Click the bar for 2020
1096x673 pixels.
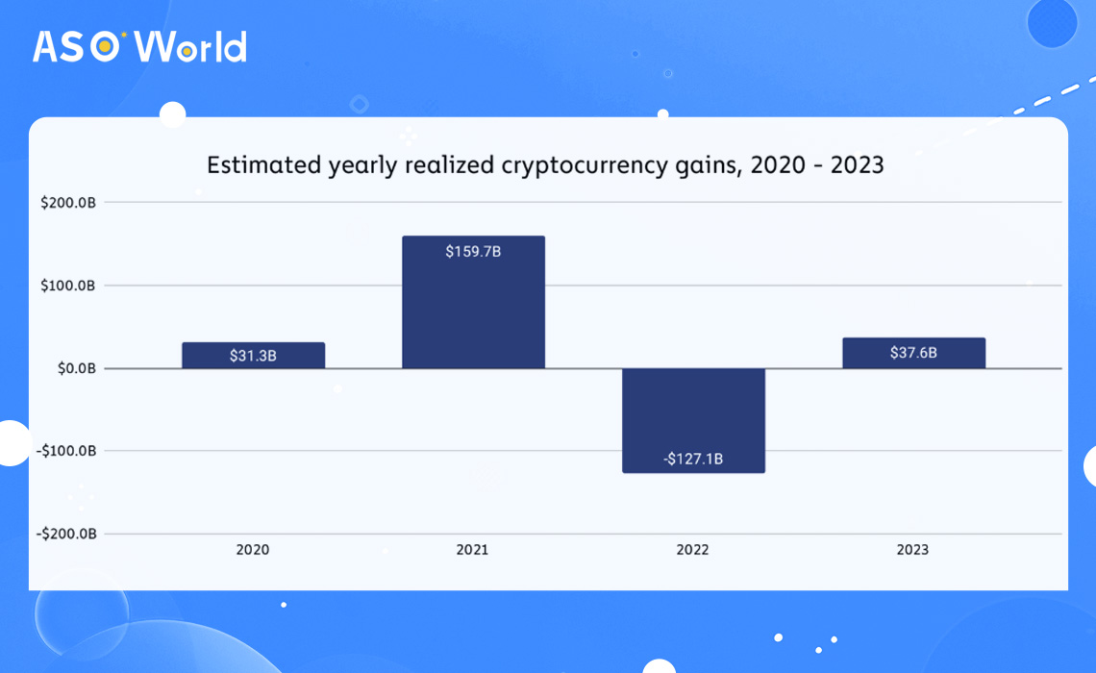(x=254, y=355)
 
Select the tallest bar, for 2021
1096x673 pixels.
(x=473, y=302)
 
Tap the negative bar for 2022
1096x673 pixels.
(x=693, y=420)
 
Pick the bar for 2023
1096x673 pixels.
(x=913, y=353)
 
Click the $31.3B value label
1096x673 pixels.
(x=254, y=356)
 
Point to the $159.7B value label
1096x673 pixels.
(x=473, y=252)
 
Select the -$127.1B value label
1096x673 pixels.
(x=693, y=459)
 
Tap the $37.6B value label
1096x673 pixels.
(x=913, y=353)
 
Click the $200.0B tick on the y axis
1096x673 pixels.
(x=66, y=203)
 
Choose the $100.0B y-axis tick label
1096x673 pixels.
(x=66, y=286)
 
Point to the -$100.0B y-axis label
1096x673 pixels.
(x=64, y=451)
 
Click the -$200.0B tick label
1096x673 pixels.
(x=64, y=534)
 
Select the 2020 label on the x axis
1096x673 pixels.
(x=253, y=550)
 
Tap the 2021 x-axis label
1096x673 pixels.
(x=473, y=550)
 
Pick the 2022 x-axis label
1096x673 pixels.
(x=693, y=550)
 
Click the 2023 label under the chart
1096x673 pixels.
(x=913, y=550)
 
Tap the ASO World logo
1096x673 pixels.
(x=139, y=46)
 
